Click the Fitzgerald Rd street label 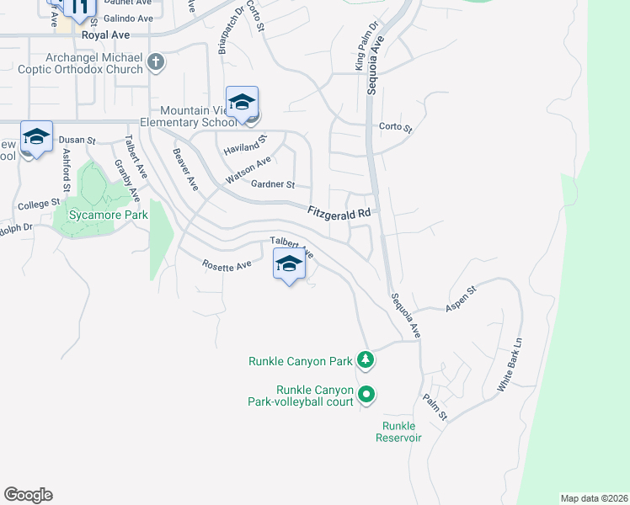339,213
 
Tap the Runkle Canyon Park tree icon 366,360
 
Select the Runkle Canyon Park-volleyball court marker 366,393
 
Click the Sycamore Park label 101,215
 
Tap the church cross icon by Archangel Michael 156,62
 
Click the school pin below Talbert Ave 289,265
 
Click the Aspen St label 461,300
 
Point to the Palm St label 435,408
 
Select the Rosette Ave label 227,265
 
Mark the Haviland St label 245,145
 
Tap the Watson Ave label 248,171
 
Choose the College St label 39,204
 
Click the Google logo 28,495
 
